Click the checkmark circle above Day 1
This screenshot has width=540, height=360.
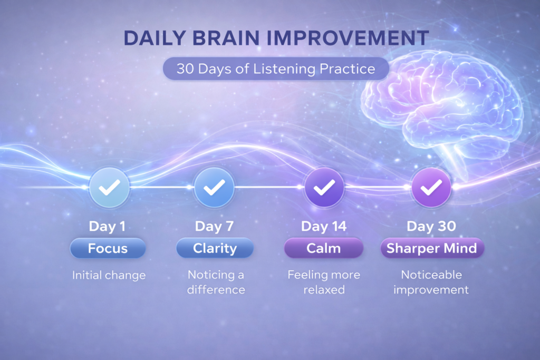pos(109,187)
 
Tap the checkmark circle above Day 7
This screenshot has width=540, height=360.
pos(214,187)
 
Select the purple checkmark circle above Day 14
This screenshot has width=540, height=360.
pos(324,187)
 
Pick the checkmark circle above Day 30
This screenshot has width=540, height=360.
pos(431,187)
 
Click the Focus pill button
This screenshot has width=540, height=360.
pos(108,248)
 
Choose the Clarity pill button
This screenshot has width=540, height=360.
pos(215,248)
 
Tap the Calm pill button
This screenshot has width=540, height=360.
pos(324,248)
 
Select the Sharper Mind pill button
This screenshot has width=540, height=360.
pos(432,248)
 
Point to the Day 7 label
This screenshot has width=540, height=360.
pos(214,227)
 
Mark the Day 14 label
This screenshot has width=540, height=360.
pos(324,227)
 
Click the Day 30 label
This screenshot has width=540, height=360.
pos(431,227)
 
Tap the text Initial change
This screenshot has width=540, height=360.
pos(109,275)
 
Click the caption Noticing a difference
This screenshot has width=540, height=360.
pos(216,282)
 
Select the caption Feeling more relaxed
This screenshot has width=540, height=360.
pos(324,282)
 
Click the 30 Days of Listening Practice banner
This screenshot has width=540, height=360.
pos(276,69)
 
